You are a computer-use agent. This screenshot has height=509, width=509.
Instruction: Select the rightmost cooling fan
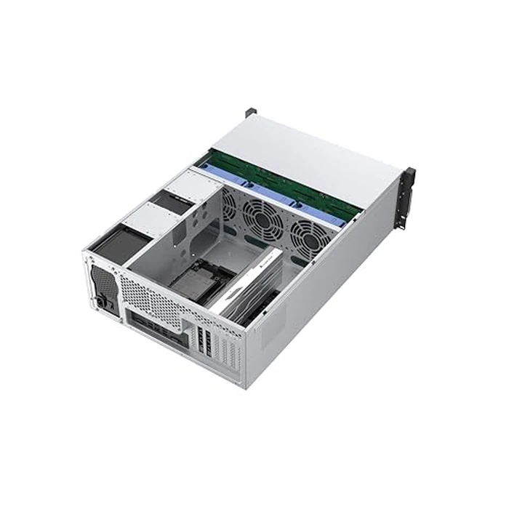tap(309, 234)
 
